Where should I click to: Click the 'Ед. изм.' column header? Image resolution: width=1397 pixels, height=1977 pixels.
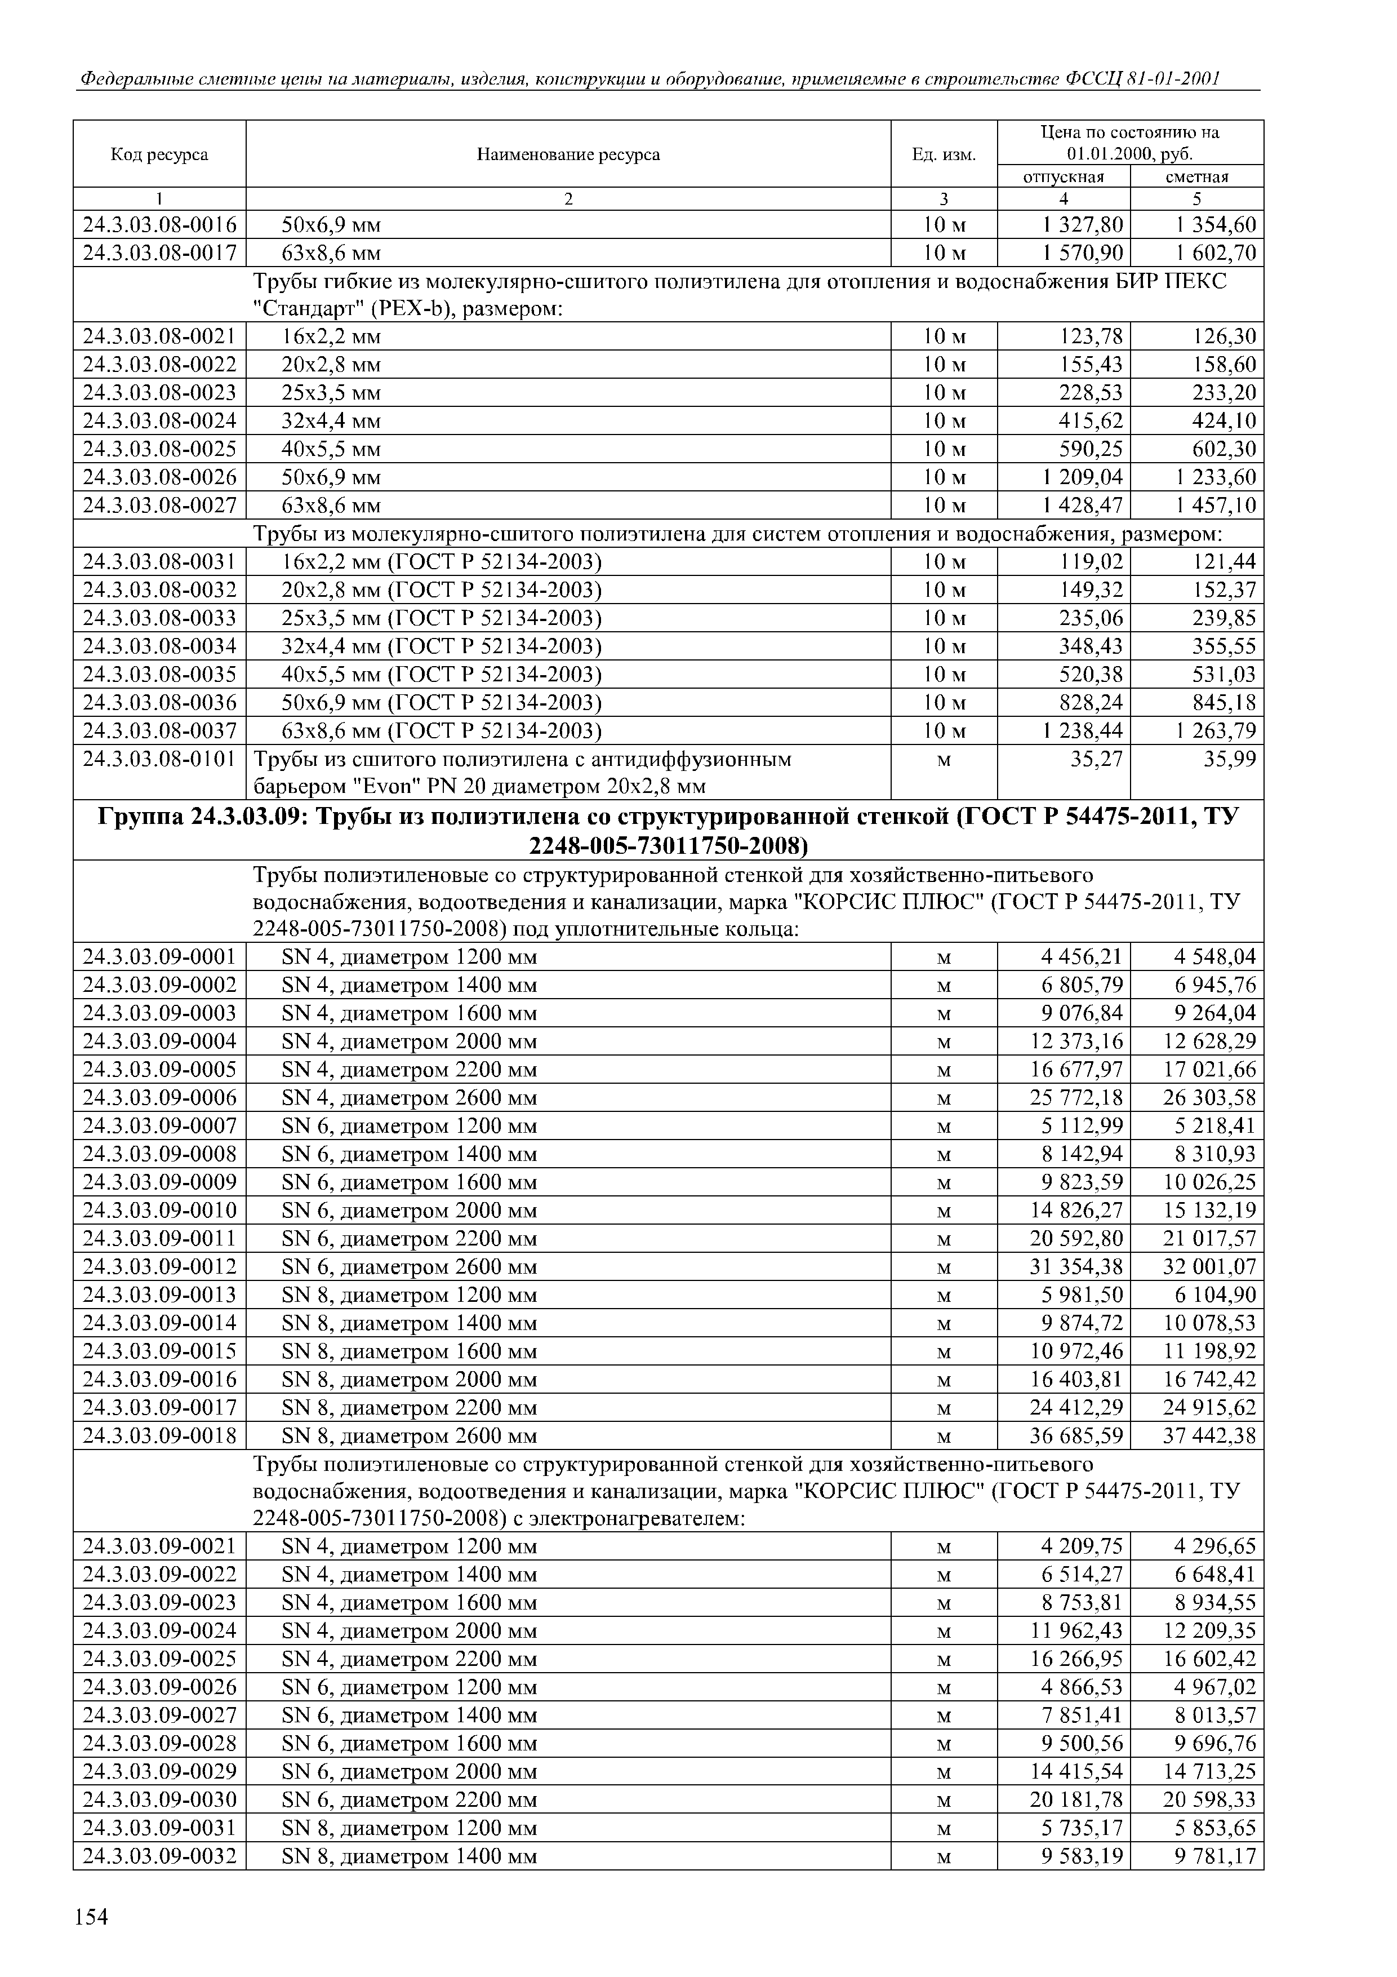(x=944, y=155)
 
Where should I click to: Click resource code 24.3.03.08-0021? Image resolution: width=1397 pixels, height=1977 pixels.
(x=159, y=336)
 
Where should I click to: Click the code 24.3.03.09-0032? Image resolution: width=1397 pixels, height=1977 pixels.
(x=159, y=1856)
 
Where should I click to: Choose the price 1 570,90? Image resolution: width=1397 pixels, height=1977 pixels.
(x=1082, y=253)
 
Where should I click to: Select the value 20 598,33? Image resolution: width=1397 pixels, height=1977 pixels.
(x=1209, y=1799)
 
